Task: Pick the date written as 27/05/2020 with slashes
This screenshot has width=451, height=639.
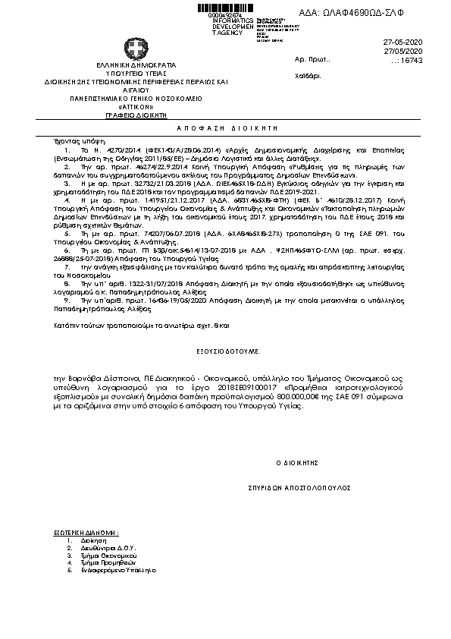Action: coord(425,50)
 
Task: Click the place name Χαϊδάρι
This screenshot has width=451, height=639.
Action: coord(307,77)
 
